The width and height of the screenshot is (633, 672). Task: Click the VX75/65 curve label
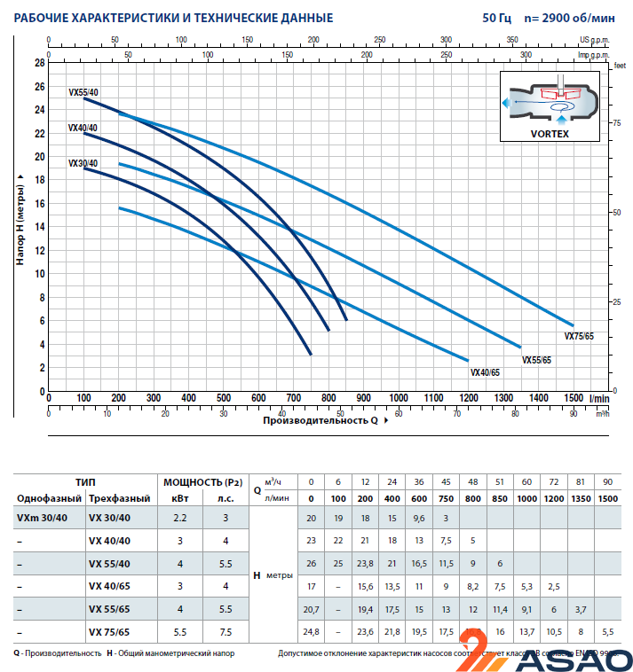pyautogui.click(x=579, y=337)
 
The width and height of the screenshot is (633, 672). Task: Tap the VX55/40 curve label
pyautogui.click(x=83, y=92)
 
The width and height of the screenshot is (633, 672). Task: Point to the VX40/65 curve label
pyautogui.click(x=485, y=372)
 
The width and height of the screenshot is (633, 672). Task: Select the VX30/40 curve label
pyautogui.click(x=83, y=163)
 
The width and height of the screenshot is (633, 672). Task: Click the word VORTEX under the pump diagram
pyautogui.click(x=550, y=134)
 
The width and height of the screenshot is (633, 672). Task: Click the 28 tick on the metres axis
pyautogui.click(x=39, y=63)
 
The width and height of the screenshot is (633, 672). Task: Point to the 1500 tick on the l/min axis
pyautogui.click(x=574, y=398)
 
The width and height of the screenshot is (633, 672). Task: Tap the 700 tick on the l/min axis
pyautogui.click(x=294, y=398)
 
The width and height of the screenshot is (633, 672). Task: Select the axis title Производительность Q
pyautogui.click(x=320, y=420)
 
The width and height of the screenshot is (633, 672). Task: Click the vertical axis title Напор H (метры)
pyautogui.click(x=19, y=227)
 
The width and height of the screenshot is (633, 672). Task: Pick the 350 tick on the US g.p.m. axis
pyautogui.click(x=512, y=40)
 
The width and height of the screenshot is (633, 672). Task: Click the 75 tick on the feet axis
pyautogui.click(x=617, y=123)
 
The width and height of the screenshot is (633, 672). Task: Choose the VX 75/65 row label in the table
pyautogui.click(x=109, y=632)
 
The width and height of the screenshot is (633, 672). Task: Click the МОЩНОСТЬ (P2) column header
pyautogui.click(x=202, y=482)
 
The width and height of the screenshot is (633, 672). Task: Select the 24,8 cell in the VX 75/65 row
pyautogui.click(x=311, y=632)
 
